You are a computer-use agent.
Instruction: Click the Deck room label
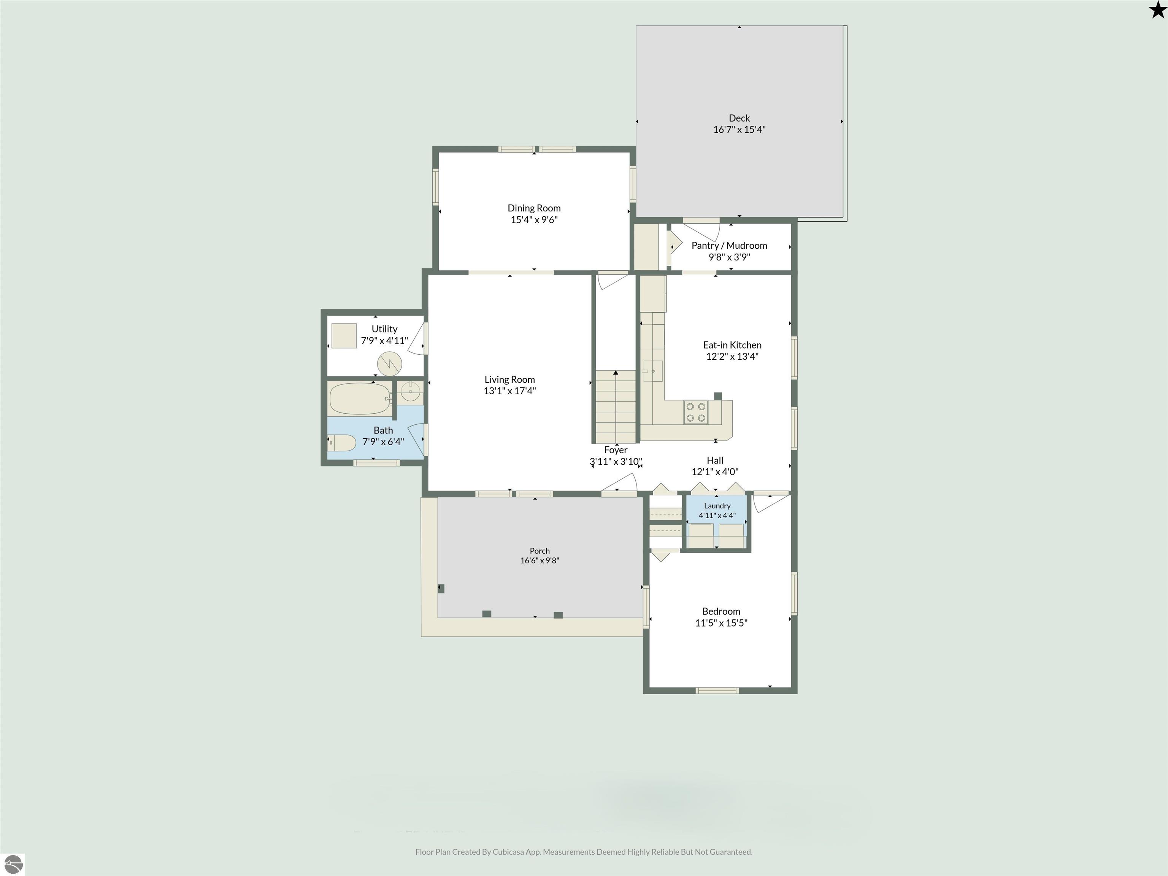point(739,118)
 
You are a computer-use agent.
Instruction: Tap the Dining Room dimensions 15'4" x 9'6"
point(534,220)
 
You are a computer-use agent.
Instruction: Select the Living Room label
point(509,380)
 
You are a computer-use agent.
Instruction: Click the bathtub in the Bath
point(360,399)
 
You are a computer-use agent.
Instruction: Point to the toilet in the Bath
point(341,443)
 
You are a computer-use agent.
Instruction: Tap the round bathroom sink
point(410,392)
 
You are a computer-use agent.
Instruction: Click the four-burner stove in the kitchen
point(695,413)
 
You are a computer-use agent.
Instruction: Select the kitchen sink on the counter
point(653,371)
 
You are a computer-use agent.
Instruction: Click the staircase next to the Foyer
point(616,406)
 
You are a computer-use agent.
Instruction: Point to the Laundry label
point(717,506)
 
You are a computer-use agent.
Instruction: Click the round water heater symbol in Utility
point(389,364)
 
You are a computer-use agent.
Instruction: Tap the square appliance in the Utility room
point(344,336)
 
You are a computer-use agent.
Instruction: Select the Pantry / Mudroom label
point(729,246)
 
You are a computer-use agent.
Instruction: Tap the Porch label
point(540,551)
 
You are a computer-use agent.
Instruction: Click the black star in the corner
point(1157,10)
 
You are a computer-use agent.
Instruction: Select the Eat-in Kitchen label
point(732,345)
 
